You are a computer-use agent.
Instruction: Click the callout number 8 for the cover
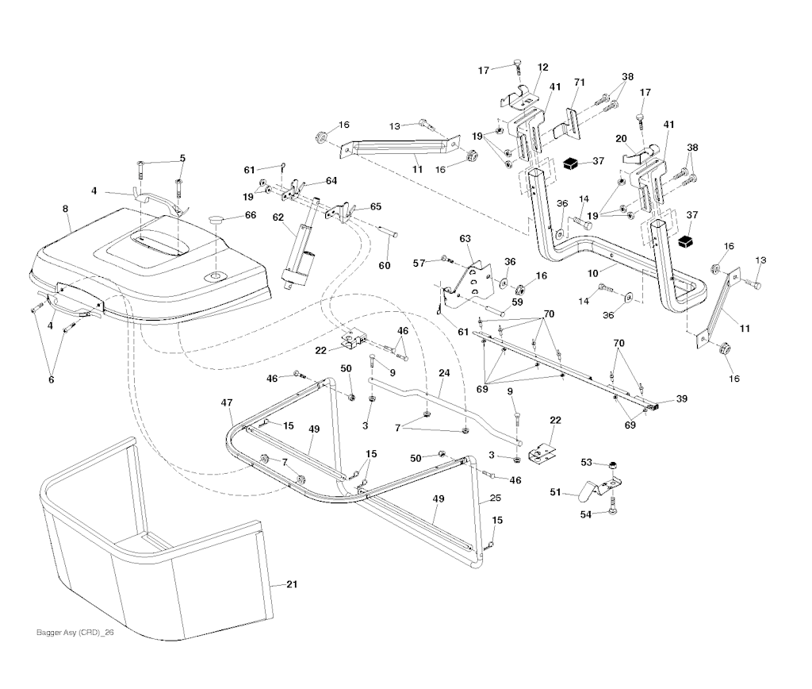(65, 209)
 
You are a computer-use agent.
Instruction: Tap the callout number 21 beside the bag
(292, 585)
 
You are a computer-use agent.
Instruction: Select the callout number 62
(278, 217)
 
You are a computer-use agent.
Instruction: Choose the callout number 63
(465, 238)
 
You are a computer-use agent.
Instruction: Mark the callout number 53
(586, 462)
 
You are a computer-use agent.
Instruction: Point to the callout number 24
(443, 372)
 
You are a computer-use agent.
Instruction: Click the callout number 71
(579, 83)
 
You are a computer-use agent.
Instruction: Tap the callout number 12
(542, 67)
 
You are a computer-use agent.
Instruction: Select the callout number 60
(384, 265)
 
